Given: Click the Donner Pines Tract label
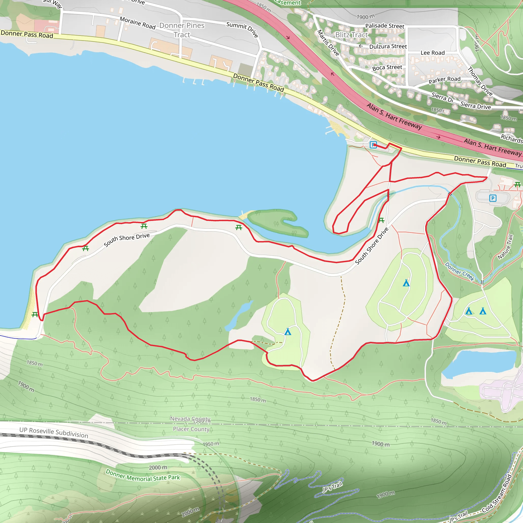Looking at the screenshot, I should coord(182,30).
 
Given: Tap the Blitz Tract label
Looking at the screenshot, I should coord(351,35).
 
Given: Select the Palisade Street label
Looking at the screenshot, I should coord(384,26).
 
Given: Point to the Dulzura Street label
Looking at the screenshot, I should coord(388,46).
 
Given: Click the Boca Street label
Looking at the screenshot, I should coord(387,67).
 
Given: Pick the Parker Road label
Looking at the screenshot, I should coord(444,80).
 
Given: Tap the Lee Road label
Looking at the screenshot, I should coord(432,53).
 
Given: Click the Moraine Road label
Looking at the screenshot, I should coord(138,23).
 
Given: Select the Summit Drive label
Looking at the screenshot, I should coord(242,29).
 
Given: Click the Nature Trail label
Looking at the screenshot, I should coord(505,247).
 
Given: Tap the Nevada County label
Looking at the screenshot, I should coord(190,419).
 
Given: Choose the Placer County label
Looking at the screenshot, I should coord(191,429).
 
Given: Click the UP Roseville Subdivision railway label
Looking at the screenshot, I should coord(54,433).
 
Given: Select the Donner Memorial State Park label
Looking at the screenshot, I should coord(143,476).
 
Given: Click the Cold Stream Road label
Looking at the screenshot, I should coord(497,497).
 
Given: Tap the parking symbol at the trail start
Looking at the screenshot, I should coord(373,145).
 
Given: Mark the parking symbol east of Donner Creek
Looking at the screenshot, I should coord(493,198).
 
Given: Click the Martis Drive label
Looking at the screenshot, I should coord(328,43).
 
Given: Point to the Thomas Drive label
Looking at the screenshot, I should coord(480,81).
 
